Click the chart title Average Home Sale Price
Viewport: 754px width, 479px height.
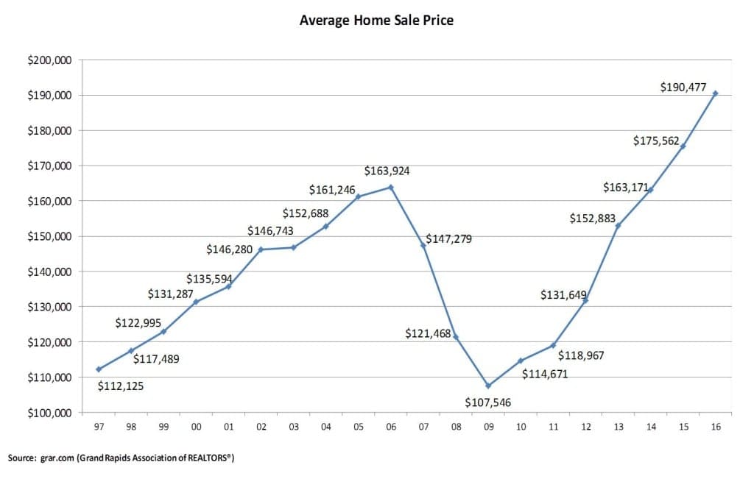[x=376, y=20]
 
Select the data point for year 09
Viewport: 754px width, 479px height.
[x=487, y=386]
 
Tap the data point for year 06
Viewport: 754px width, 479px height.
[x=390, y=187]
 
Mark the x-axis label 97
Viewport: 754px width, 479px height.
[x=98, y=427]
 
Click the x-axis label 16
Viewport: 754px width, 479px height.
[x=716, y=427]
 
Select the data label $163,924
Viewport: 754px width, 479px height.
[x=387, y=171]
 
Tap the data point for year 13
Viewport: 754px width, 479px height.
[x=618, y=225]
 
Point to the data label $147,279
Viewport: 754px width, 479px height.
[x=451, y=239]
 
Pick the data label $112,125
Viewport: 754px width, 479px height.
[x=120, y=385]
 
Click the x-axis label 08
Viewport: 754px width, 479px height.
[x=455, y=427]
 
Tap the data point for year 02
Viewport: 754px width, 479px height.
[x=261, y=250]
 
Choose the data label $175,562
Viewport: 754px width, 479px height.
[x=656, y=141]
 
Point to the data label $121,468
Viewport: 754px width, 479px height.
[x=428, y=333]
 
